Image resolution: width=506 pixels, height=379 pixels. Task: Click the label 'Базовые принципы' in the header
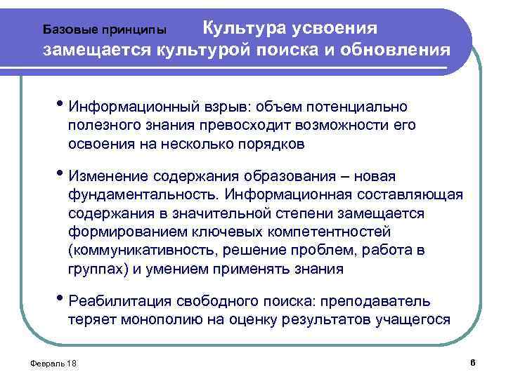[x=105, y=30]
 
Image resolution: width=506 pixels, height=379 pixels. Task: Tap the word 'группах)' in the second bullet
[x=96, y=270]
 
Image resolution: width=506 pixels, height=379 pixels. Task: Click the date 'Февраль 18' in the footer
[x=51, y=363]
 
